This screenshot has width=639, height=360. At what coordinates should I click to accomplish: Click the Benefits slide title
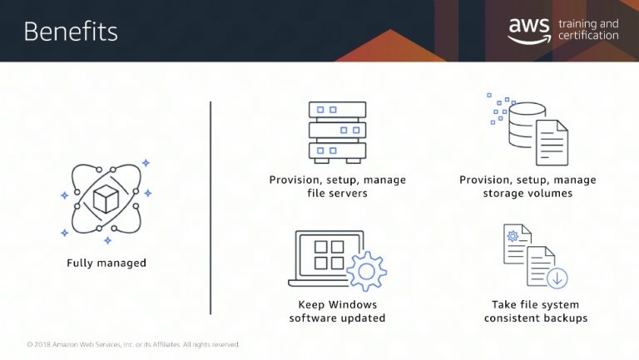tap(71, 32)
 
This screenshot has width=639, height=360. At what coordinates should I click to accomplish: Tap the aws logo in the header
tap(529, 31)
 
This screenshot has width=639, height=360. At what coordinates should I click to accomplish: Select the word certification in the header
tap(588, 36)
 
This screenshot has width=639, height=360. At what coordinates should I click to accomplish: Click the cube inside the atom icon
tap(106, 199)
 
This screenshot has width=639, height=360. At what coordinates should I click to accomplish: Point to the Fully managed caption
tap(106, 263)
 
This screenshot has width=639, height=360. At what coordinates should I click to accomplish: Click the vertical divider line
tap(211, 208)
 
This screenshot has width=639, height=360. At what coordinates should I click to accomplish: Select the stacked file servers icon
tap(338, 133)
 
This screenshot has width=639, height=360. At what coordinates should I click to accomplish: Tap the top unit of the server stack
tap(338, 110)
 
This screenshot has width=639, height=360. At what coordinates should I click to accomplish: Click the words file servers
tap(338, 193)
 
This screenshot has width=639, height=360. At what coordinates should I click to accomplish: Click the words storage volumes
tap(528, 193)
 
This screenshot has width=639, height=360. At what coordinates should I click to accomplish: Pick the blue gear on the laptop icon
tap(366, 271)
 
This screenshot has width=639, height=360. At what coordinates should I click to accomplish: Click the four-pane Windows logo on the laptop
tap(329, 255)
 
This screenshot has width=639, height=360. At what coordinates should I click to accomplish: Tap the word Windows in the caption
tap(353, 304)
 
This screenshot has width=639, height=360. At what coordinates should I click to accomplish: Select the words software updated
tap(338, 318)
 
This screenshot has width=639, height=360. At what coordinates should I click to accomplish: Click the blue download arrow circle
tap(557, 279)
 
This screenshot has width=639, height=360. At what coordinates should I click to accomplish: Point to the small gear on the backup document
tap(513, 236)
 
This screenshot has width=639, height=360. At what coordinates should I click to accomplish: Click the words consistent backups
tap(536, 318)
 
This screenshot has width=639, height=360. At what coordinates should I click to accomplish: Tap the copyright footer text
tap(133, 344)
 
